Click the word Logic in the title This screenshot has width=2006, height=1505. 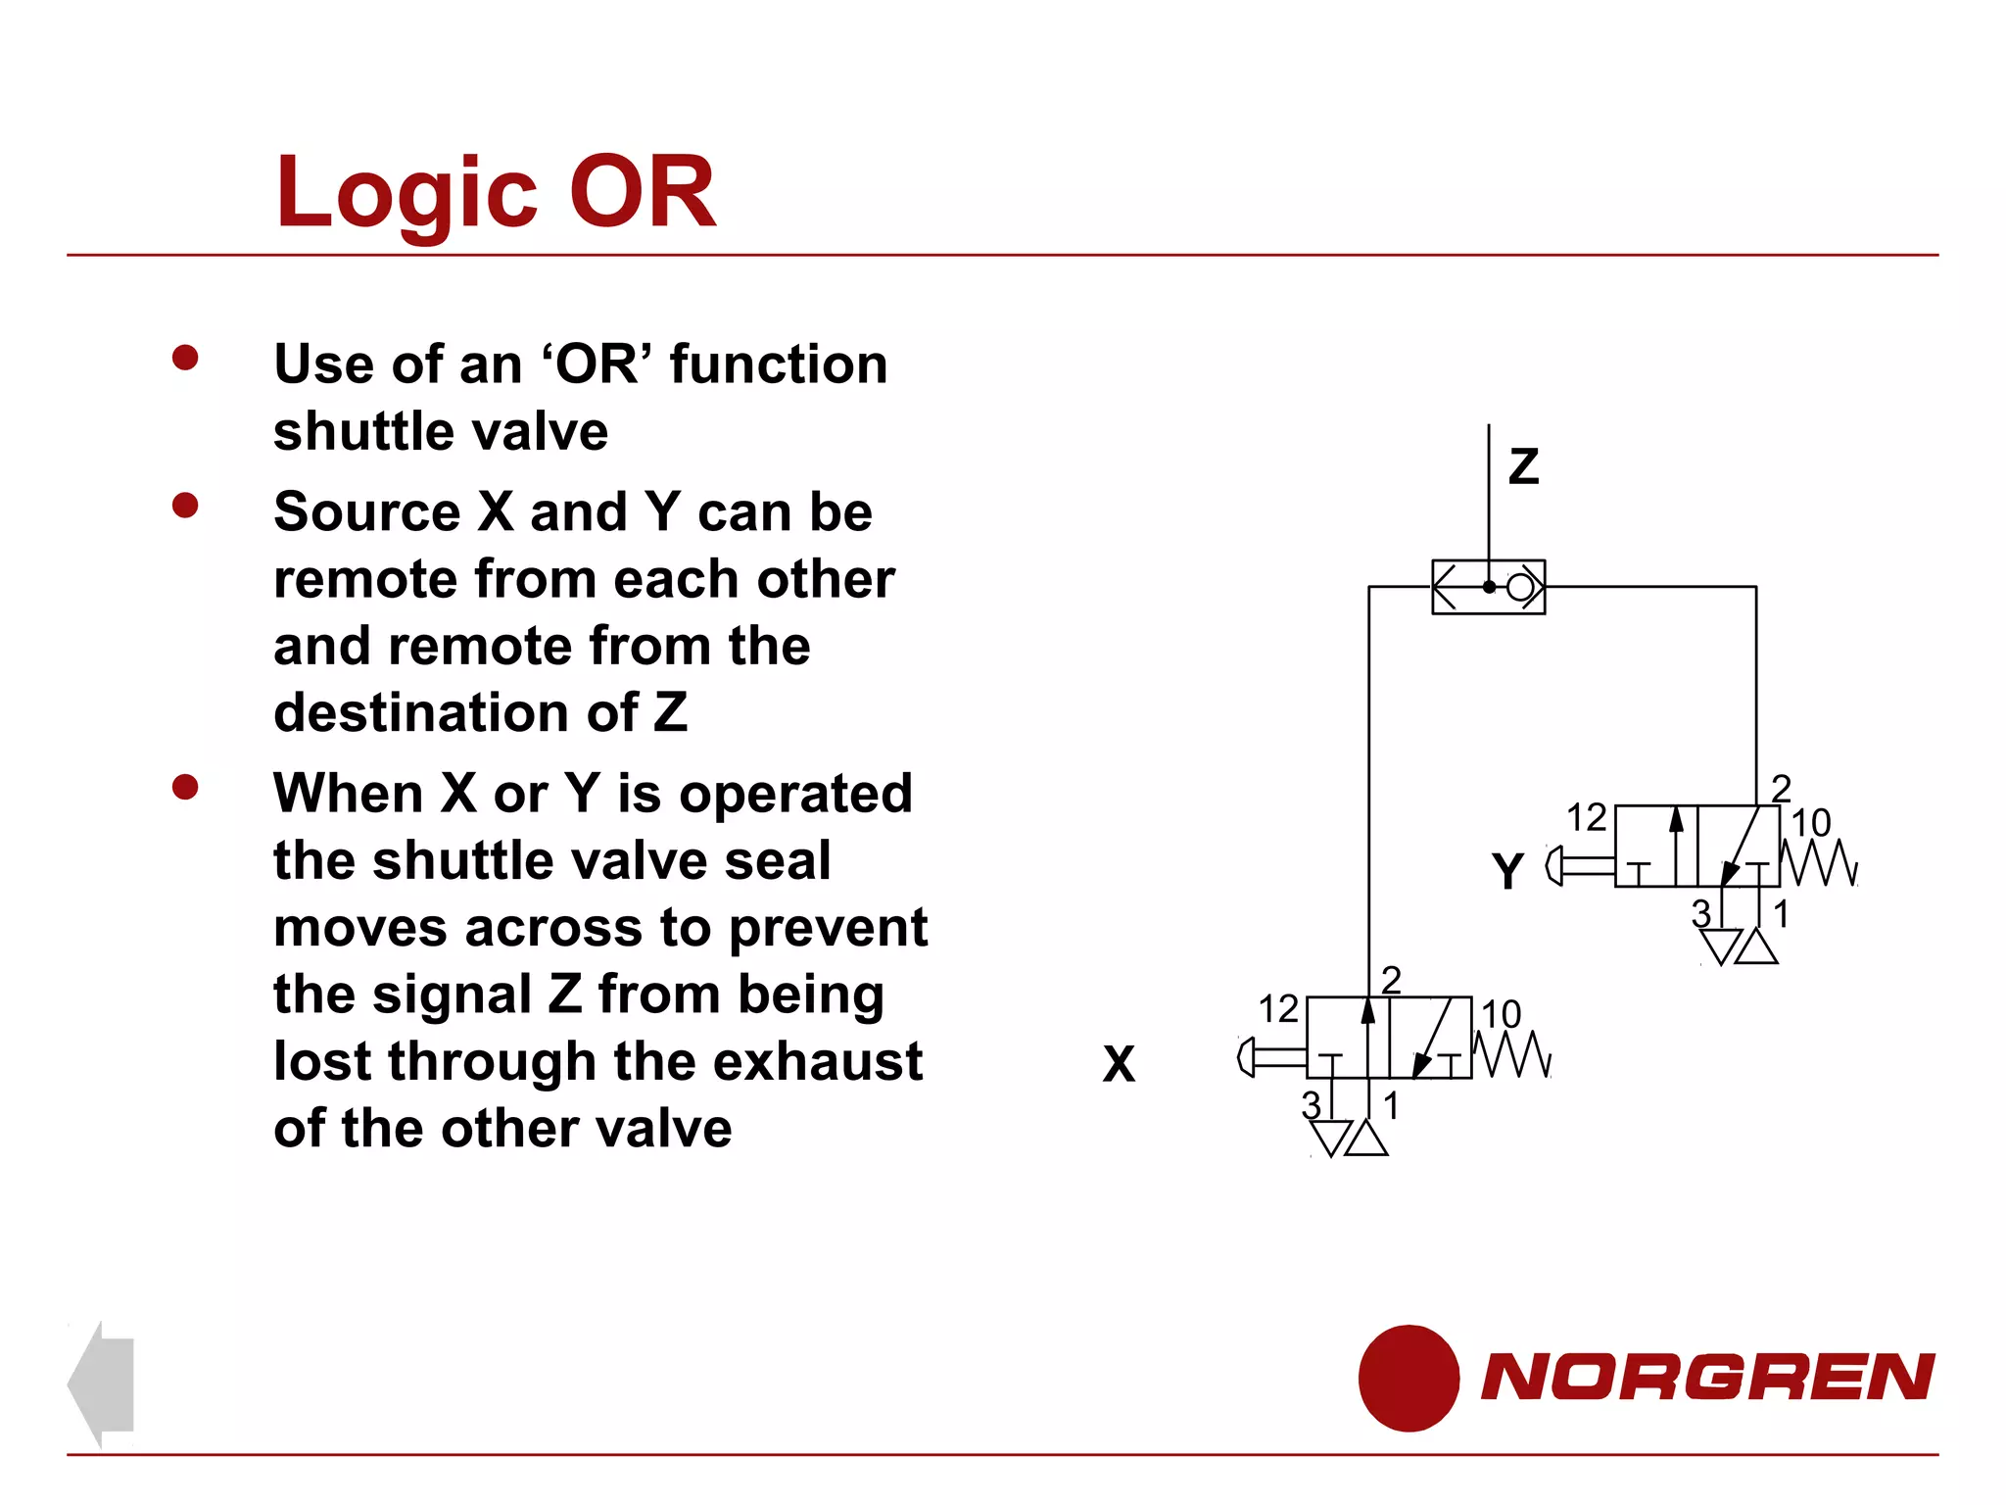tap(406, 193)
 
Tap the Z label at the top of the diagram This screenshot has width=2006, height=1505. tap(1523, 466)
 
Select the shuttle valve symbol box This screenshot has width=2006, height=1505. tap(1488, 587)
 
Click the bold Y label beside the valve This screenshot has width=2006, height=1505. tap(1507, 870)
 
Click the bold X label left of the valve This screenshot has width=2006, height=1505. tap(1119, 1064)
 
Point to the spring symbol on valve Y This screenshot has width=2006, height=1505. tap(1819, 863)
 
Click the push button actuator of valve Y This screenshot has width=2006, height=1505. tap(1578, 866)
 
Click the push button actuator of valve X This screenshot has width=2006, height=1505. tap(1270, 1057)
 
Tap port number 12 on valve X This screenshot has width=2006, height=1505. tap(1277, 1008)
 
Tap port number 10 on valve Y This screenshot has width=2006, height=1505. tap(1810, 823)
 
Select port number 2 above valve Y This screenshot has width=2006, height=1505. tap(1781, 788)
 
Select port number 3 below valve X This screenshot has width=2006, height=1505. tap(1311, 1105)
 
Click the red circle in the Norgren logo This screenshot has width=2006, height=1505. tap(1408, 1378)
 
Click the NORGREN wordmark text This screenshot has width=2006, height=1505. tap(1707, 1377)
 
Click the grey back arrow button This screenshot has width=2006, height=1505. tap(102, 1384)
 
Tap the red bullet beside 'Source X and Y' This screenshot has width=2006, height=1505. tap(185, 506)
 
